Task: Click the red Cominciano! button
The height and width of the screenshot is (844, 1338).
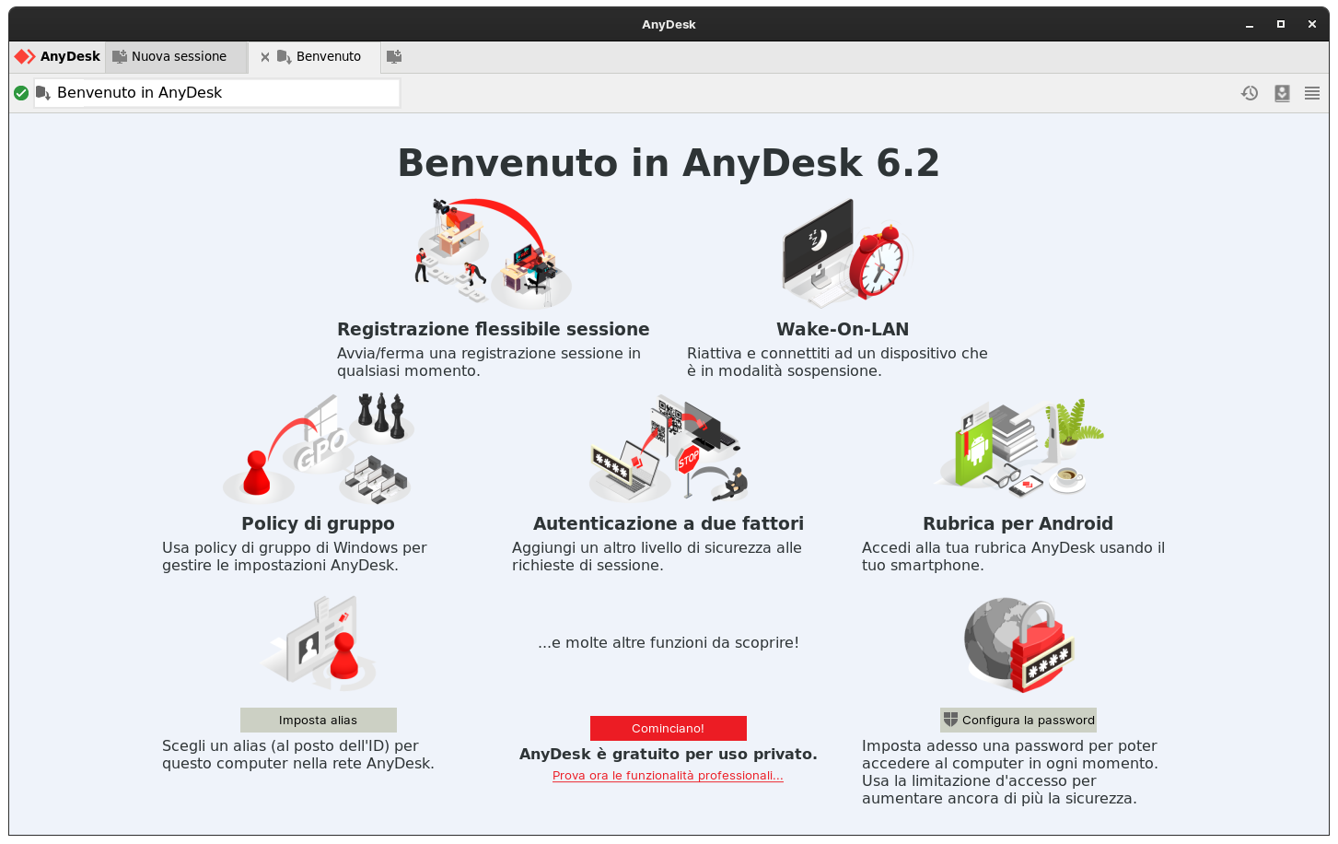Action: [x=668, y=728]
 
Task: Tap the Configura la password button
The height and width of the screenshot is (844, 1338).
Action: [x=1018, y=720]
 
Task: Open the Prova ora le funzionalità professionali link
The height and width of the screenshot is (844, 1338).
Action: [x=668, y=776]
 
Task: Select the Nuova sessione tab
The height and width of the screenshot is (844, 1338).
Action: [x=177, y=56]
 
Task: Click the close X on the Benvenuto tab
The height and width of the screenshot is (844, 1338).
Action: [x=265, y=57]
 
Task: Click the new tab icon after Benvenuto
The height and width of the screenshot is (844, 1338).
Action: [x=394, y=57]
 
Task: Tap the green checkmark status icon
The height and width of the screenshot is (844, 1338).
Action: [x=21, y=93]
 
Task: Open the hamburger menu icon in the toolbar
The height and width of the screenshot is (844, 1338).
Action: [x=1312, y=93]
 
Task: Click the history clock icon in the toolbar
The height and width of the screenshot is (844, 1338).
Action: [x=1250, y=93]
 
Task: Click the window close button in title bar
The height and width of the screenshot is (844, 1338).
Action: [x=1312, y=24]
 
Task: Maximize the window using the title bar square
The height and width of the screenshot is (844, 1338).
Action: [x=1280, y=24]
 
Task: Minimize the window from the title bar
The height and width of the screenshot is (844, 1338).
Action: [x=1250, y=25]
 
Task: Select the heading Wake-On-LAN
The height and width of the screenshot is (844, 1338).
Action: [x=842, y=329]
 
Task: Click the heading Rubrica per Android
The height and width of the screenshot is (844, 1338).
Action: [x=1018, y=523]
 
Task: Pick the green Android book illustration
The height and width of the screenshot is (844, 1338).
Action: [x=975, y=451]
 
